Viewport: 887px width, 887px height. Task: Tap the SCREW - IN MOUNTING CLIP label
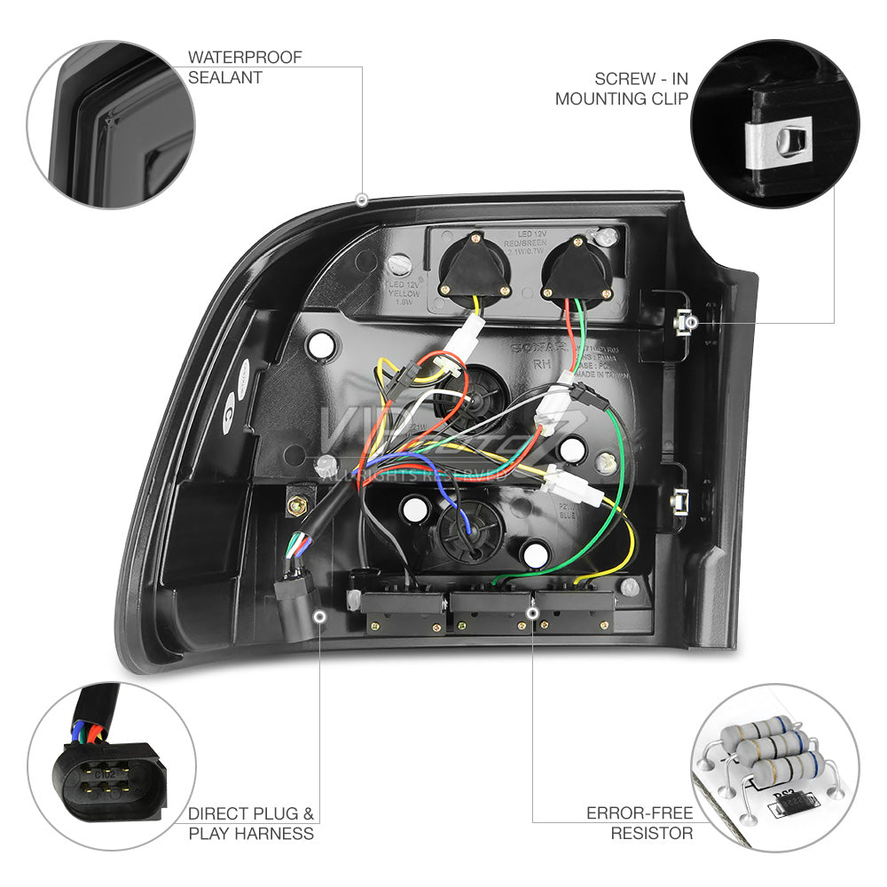click(x=621, y=88)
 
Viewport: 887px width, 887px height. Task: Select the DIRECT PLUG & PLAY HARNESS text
click(x=251, y=823)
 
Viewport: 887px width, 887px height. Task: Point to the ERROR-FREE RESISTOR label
click(x=640, y=822)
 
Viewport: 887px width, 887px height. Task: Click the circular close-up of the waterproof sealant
click(x=111, y=124)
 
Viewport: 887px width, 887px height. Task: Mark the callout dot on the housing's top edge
click(x=361, y=200)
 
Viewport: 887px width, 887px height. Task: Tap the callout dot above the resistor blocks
click(x=532, y=611)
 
